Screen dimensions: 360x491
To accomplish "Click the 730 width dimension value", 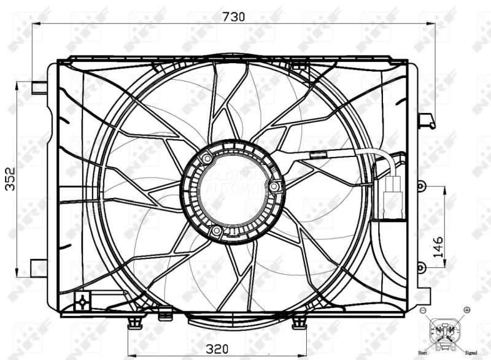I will coord(233,17).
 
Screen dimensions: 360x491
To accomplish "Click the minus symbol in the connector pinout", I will coord(423,311).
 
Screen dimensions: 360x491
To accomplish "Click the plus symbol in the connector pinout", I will coord(466,310).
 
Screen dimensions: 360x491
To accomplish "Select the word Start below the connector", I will coord(422,353).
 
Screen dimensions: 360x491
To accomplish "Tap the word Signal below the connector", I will coord(471,353).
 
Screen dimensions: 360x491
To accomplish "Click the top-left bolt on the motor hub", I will coord(208,159).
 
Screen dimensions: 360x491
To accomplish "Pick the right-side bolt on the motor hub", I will coord(274,186).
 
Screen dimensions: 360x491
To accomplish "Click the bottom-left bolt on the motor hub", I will coord(216,231).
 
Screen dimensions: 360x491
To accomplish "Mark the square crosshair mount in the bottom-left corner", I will coord(81,301).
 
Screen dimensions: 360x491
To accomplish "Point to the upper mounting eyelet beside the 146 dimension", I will coord(420,185).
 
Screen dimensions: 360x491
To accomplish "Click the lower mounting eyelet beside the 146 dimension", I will coord(420,267).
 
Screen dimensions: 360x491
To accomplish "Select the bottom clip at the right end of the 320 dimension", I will coord(299,321).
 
